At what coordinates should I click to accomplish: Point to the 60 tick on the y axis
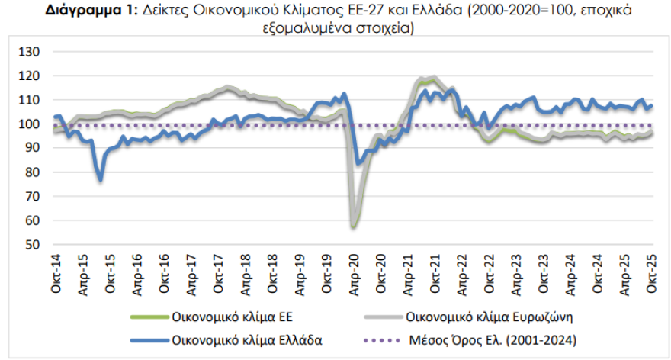click(33, 220)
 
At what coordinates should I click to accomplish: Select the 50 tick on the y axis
click(33, 245)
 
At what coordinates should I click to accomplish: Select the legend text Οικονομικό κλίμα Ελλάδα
click(236, 340)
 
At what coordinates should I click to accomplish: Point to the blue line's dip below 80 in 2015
click(101, 180)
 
